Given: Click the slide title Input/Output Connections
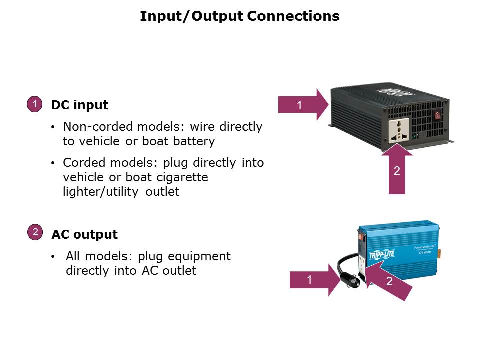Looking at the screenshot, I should pyautogui.click(x=240, y=16).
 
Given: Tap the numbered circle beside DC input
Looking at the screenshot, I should pyautogui.click(x=34, y=105).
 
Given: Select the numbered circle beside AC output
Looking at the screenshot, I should pyautogui.click(x=35, y=232).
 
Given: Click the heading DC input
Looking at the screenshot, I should pyautogui.click(x=80, y=105).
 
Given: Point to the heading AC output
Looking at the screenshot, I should pyautogui.click(x=85, y=234).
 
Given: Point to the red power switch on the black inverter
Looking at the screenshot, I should pyautogui.click(x=438, y=115).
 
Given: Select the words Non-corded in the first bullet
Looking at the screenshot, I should pyautogui.click(x=90, y=127).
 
